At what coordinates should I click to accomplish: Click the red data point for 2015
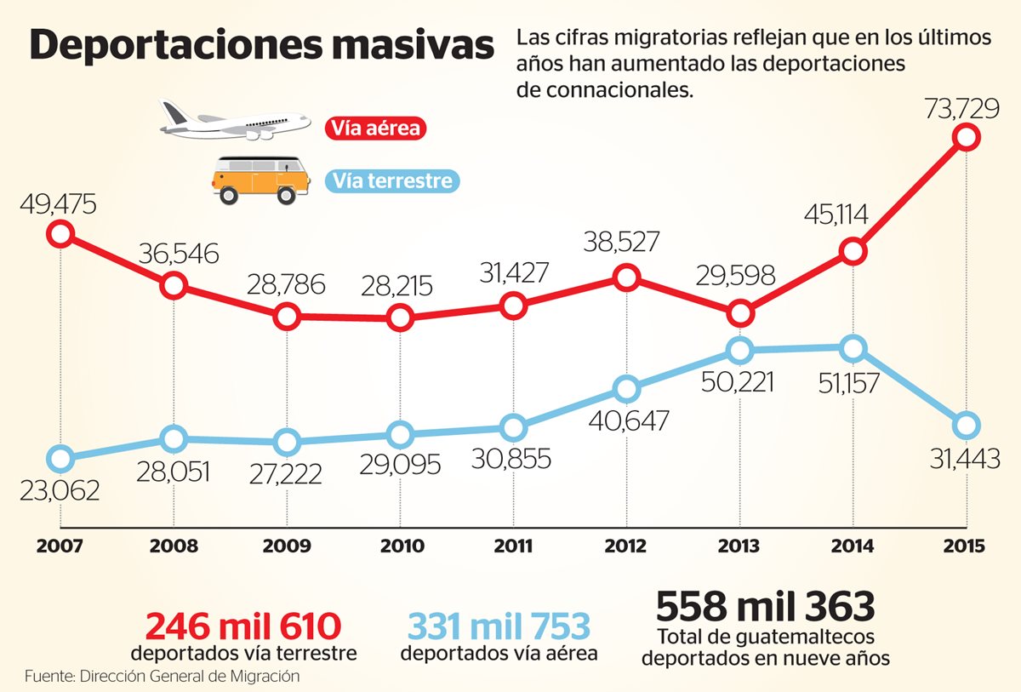(967, 136)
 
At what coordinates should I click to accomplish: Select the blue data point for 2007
(60, 460)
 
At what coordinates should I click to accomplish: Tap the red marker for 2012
(626, 277)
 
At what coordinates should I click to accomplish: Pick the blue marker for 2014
(853, 348)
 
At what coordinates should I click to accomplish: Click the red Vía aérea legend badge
(375, 129)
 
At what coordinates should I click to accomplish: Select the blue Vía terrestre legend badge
(393, 180)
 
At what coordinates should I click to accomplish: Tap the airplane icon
(235, 121)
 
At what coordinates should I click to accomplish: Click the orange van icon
(259, 179)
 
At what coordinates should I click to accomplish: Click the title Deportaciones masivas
(261, 45)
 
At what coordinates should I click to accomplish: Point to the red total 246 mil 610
(243, 626)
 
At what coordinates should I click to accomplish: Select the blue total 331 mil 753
(499, 626)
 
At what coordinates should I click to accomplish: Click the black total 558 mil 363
(765, 607)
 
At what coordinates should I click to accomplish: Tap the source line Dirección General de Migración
(163, 677)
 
